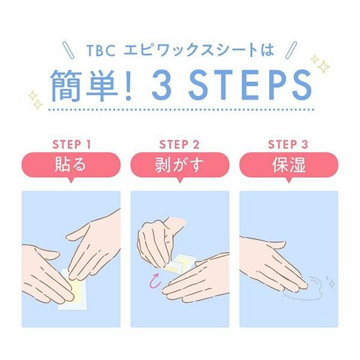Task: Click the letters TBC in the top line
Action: (x=101, y=50)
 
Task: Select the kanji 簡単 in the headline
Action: (x=85, y=85)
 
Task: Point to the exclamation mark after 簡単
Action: (x=128, y=86)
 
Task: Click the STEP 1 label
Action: (x=71, y=145)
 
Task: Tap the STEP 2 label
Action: (x=179, y=145)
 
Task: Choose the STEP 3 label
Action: (x=288, y=145)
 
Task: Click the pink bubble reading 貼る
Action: (x=71, y=166)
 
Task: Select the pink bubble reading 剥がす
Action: (x=180, y=166)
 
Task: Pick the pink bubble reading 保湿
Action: (x=289, y=166)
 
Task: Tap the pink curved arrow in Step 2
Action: (x=155, y=281)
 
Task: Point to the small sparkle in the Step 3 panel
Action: (x=331, y=284)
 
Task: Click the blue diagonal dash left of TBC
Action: (x=68, y=50)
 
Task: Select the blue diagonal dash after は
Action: (x=291, y=50)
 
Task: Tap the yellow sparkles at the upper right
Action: (x=320, y=64)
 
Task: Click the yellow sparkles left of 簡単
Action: (x=35, y=100)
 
